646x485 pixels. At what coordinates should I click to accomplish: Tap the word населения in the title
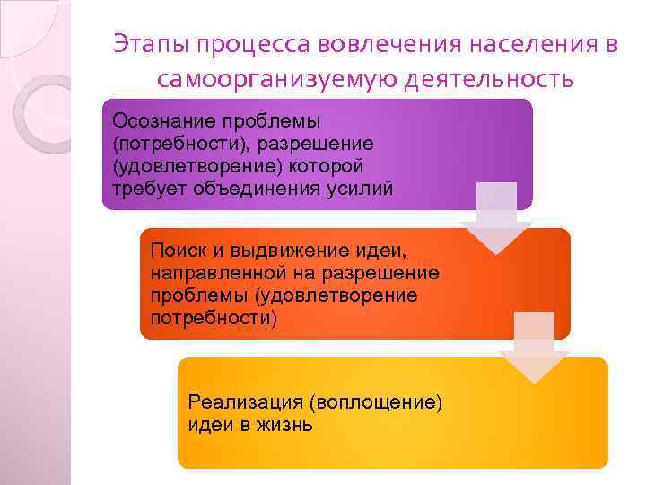pos(508,44)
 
